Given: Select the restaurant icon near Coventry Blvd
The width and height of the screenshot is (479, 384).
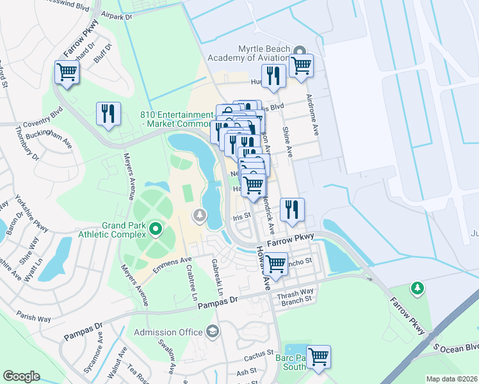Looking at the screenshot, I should coord(109,114).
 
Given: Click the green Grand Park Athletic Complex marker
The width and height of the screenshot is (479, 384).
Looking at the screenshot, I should coord(155,228).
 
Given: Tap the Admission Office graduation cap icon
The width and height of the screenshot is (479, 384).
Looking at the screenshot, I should coord(212,331).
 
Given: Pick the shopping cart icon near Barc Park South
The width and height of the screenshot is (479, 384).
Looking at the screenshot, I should coord(318,356).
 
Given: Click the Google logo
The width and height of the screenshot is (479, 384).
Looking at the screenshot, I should coord(22,376).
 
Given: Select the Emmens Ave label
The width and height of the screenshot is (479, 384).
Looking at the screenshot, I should coord(177,260).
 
